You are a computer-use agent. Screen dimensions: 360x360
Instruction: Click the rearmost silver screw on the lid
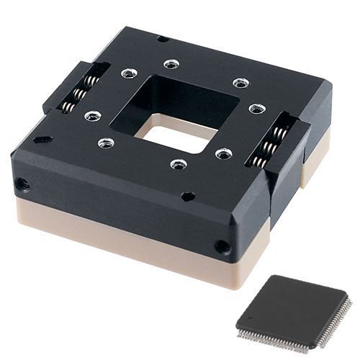click(171, 64)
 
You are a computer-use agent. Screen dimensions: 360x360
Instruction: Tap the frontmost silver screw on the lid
click(179, 164)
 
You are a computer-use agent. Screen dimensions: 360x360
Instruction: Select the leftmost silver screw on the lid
click(92, 115)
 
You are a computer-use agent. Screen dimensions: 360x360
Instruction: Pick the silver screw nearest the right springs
click(257, 109)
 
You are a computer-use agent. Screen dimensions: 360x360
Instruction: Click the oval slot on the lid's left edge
click(42, 139)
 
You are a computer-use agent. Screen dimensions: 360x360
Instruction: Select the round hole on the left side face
click(23, 184)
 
